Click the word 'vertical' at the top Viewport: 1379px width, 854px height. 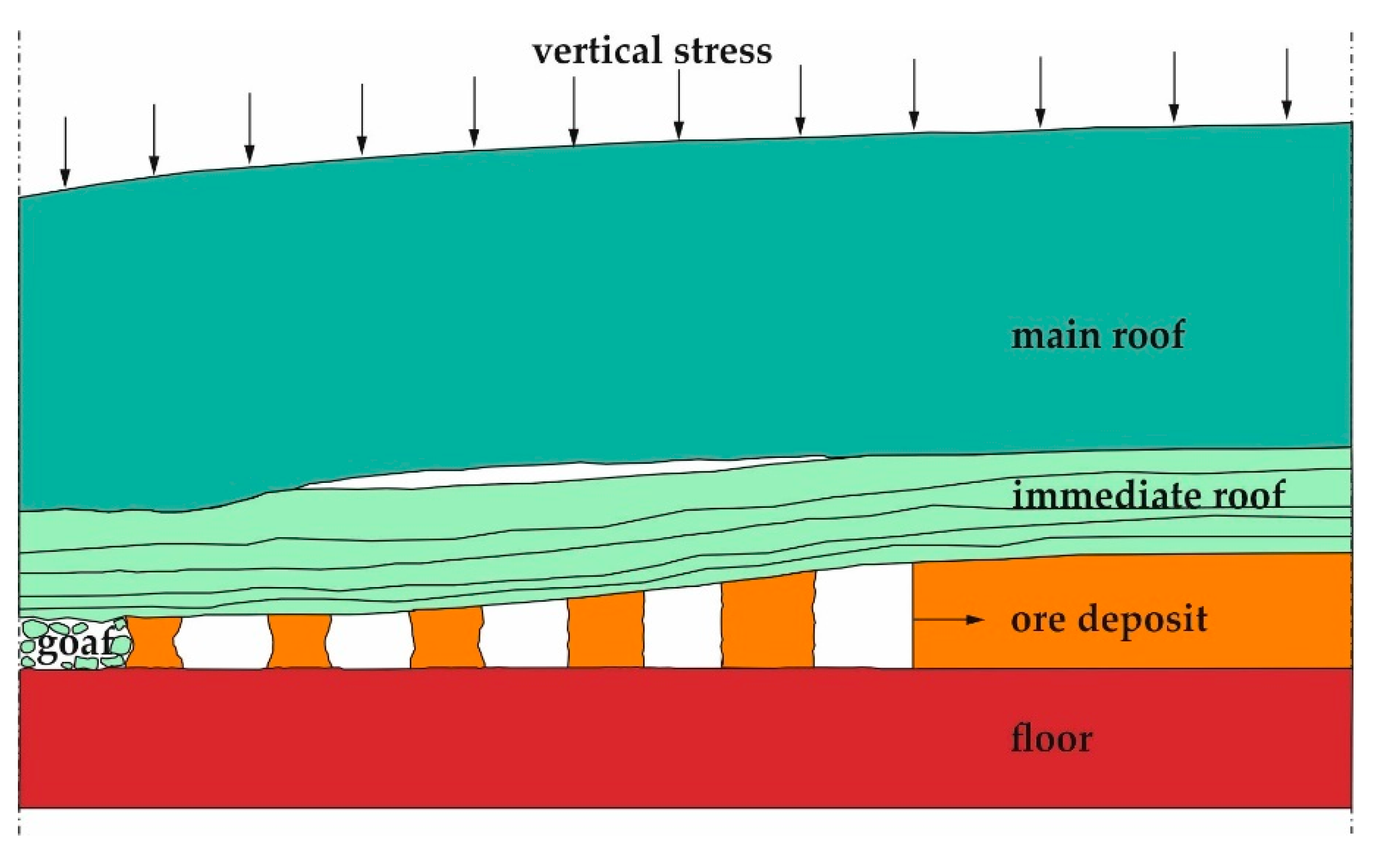click(597, 51)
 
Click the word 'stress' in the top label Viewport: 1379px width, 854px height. click(723, 51)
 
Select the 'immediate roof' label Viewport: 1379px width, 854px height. click(1148, 495)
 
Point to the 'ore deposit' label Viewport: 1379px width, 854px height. click(1108, 620)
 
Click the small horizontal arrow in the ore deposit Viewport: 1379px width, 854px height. click(948, 620)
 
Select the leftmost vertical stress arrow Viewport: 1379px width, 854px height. click(66, 151)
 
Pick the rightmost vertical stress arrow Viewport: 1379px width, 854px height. click(1287, 84)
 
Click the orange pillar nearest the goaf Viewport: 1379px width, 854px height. click(154, 643)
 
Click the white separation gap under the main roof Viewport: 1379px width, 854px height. click(565, 473)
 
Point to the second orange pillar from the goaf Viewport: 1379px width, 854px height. click(299, 642)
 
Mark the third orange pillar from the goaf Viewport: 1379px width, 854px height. click(447, 638)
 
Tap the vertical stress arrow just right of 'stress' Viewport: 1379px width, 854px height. click(800, 99)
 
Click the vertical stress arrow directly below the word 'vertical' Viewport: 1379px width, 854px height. click(574, 111)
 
